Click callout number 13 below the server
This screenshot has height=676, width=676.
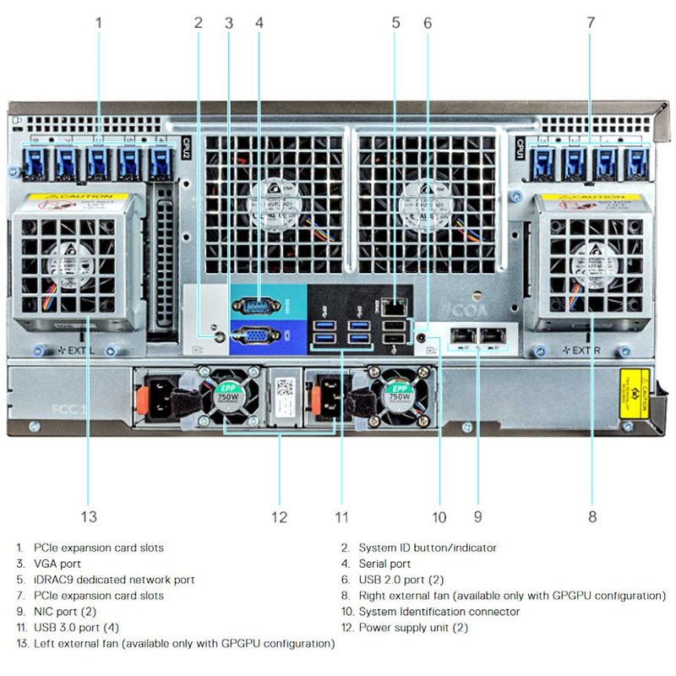[x=89, y=516]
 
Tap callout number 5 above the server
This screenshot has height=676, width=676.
[x=395, y=23]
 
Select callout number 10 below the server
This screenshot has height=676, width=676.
[x=439, y=516]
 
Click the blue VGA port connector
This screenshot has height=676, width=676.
[x=255, y=335]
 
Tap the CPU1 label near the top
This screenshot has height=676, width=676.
[x=520, y=148]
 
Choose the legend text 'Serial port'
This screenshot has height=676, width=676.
[x=384, y=564]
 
